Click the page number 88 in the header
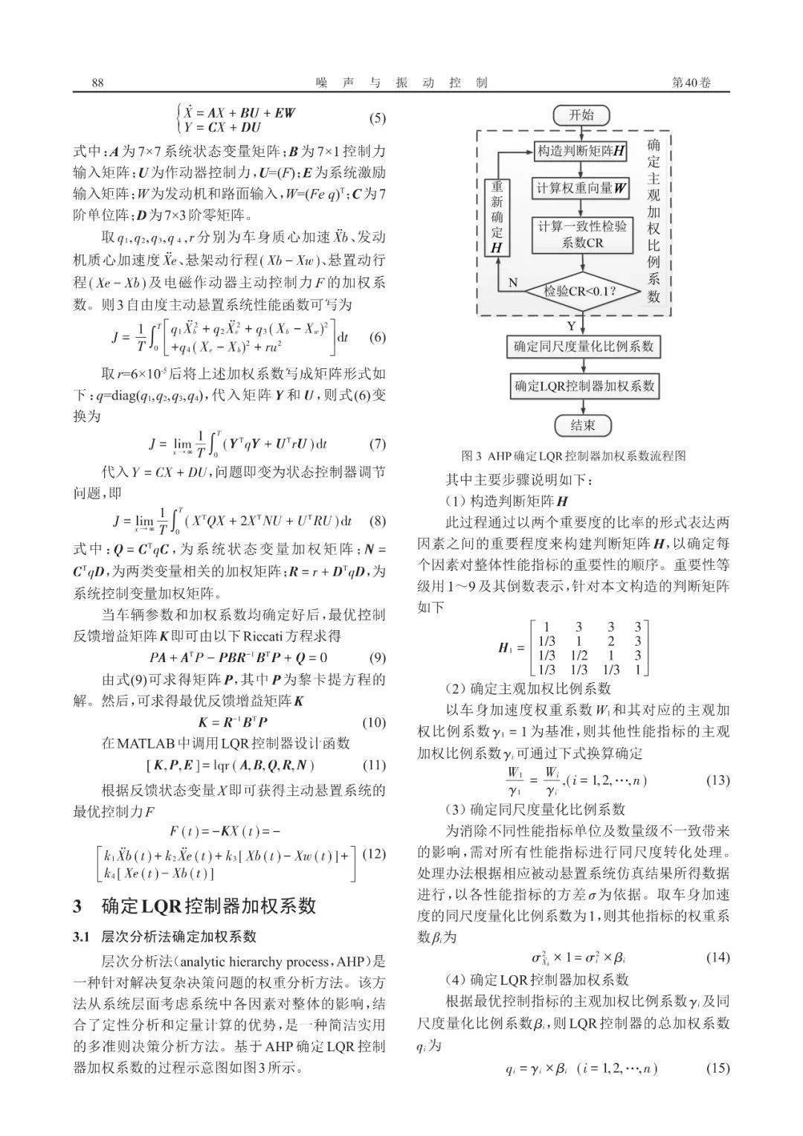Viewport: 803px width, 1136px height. click(x=97, y=83)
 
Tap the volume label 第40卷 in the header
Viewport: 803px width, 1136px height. click(x=691, y=83)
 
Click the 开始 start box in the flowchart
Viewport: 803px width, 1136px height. click(x=581, y=115)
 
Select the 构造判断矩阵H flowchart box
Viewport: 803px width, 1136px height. click(x=581, y=151)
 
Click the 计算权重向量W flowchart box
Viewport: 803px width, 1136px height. click(x=581, y=188)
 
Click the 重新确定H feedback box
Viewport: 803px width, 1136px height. click(x=497, y=217)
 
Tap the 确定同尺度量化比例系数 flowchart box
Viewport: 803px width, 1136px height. click(x=581, y=347)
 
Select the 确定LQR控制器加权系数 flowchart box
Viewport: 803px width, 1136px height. click(x=581, y=386)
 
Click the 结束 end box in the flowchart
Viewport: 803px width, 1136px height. click(x=581, y=426)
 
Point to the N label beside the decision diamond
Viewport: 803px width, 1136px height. click(x=512, y=283)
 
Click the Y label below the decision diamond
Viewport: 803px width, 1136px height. click(x=570, y=325)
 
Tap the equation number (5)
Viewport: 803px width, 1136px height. click(x=378, y=119)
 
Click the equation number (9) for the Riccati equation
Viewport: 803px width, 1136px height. click(x=378, y=658)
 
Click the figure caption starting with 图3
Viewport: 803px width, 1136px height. click(x=573, y=455)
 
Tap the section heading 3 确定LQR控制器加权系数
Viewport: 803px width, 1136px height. click(x=195, y=905)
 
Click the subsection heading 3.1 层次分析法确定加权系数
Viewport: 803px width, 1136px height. click(x=164, y=936)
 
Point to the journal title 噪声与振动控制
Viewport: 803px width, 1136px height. click(x=401, y=83)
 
